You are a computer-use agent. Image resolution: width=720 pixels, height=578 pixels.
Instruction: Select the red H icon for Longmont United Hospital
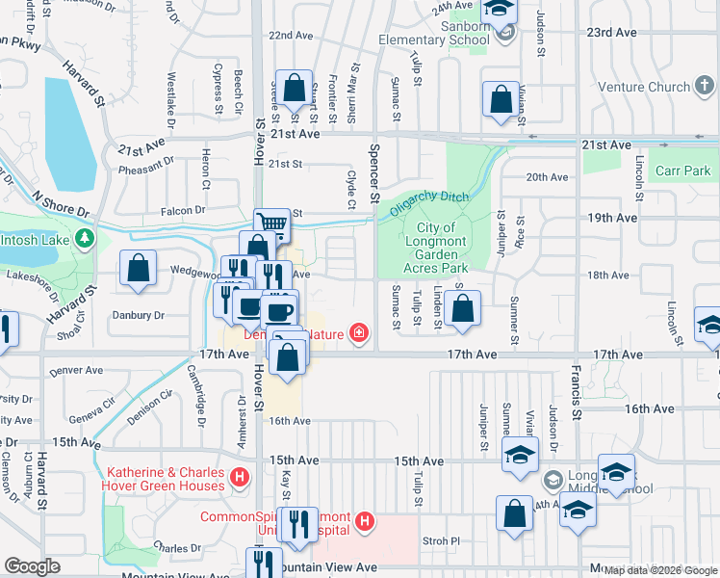click(x=364, y=522)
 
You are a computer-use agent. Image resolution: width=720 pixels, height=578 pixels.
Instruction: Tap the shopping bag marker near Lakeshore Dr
click(x=139, y=267)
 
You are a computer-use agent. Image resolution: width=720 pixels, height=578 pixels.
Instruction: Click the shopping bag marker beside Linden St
click(x=462, y=308)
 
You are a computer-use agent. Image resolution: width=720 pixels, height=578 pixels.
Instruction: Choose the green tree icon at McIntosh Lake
click(x=85, y=237)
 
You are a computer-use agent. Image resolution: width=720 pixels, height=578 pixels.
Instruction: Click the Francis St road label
click(x=575, y=377)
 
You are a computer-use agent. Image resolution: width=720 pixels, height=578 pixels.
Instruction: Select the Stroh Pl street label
click(x=441, y=540)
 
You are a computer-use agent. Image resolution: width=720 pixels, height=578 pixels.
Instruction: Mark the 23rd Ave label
click(x=611, y=32)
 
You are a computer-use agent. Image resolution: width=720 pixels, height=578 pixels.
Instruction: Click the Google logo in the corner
click(x=32, y=566)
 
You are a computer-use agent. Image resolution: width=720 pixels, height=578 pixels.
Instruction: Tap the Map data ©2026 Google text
click(x=659, y=569)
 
